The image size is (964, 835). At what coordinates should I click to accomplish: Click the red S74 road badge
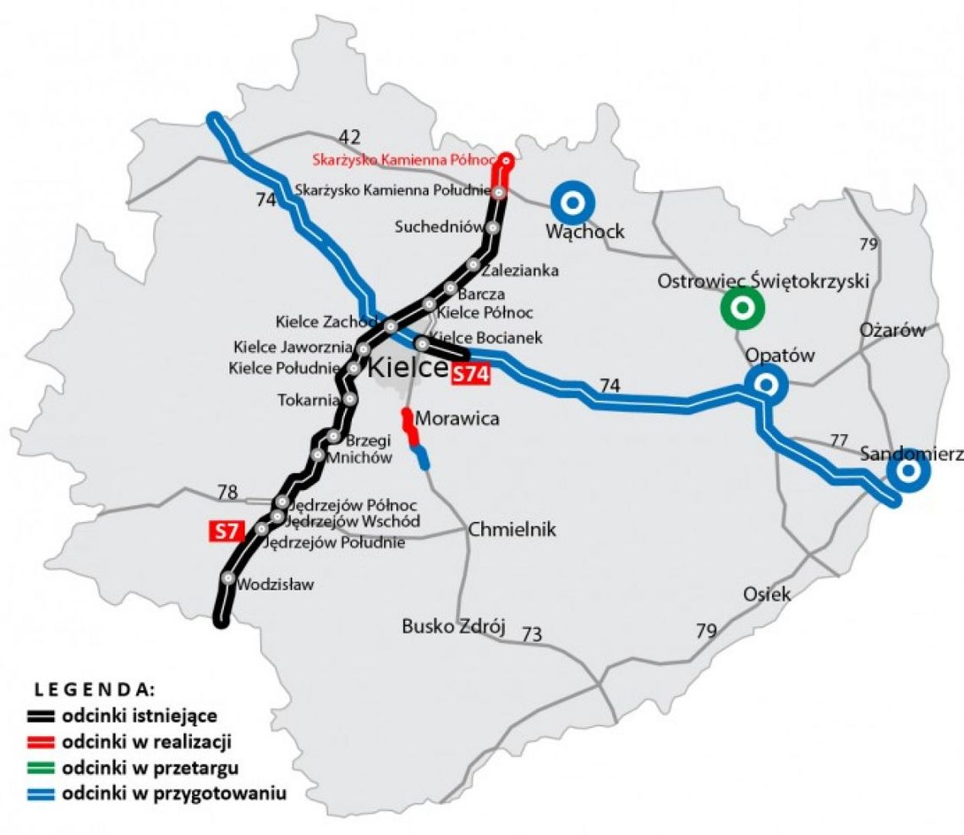coord(471,375)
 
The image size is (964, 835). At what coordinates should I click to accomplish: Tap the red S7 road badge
coord(226,531)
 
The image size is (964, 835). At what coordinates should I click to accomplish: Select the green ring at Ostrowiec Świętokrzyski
coord(742,310)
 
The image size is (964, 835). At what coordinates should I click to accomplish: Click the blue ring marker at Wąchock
coord(572,203)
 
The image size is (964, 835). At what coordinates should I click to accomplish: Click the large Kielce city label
coord(407,368)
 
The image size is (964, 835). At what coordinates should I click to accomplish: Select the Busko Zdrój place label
coord(452,627)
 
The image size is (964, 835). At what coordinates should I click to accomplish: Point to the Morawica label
coord(457,418)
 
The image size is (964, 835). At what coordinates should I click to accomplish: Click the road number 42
coord(349,137)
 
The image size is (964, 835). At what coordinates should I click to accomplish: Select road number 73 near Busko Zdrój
coord(531,634)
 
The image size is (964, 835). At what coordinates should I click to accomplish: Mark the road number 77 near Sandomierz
coord(838,440)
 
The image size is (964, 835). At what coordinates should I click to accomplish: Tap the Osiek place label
coord(767,595)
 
